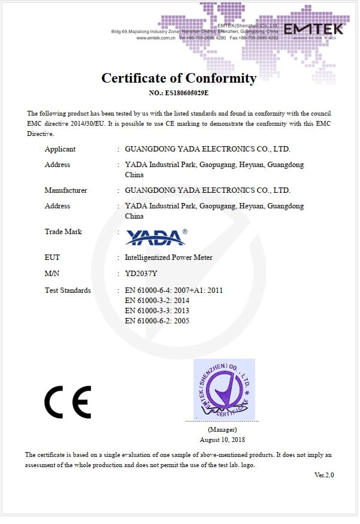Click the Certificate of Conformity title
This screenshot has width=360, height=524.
[x=179, y=78]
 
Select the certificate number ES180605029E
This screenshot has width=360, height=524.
[x=179, y=93]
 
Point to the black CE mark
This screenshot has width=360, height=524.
[x=68, y=402]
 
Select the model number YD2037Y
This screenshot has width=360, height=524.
[x=142, y=274]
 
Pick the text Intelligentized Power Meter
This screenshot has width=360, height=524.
[x=168, y=258]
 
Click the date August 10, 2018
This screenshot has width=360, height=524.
[x=222, y=439]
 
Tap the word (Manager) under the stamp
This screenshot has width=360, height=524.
[x=222, y=429]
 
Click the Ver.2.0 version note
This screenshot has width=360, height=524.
[x=324, y=475]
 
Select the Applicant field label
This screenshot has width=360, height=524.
[x=60, y=149]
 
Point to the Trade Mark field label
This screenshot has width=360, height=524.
[x=63, y=232]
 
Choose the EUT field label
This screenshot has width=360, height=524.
[x=52, y=258]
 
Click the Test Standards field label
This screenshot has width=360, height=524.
[x=68, y=290]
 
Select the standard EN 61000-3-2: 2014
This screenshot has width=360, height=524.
[x=157, y=301]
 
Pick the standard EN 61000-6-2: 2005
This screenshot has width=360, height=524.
[x=157, y=321]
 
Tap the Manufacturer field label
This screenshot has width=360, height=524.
[x=66, y=190]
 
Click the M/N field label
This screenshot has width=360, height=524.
[x=52, y=274]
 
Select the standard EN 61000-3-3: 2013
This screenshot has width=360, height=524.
[x=157, y=311]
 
